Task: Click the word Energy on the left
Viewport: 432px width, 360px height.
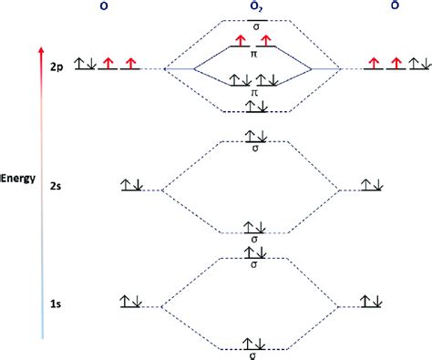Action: (x=18, y=179)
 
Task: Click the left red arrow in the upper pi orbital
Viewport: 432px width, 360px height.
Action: (x=241, y=41)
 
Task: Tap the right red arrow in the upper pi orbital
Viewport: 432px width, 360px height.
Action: (x=267, y=41)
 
